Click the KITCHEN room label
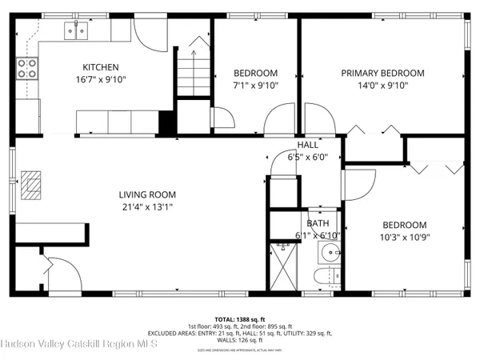102,67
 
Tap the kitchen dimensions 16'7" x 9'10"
102,79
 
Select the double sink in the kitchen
78,31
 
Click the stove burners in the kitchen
28,69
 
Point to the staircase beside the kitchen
192,72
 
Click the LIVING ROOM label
147,194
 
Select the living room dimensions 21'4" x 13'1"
147,206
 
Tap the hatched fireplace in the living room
31,184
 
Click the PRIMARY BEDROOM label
382,73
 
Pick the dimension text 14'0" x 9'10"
382,86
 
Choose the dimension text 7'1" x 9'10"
254,86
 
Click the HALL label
307,145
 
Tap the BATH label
316,223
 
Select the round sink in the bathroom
330,254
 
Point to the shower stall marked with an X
284,266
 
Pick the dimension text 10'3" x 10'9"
403,237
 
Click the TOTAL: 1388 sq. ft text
239,318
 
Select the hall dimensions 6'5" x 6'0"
304,157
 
